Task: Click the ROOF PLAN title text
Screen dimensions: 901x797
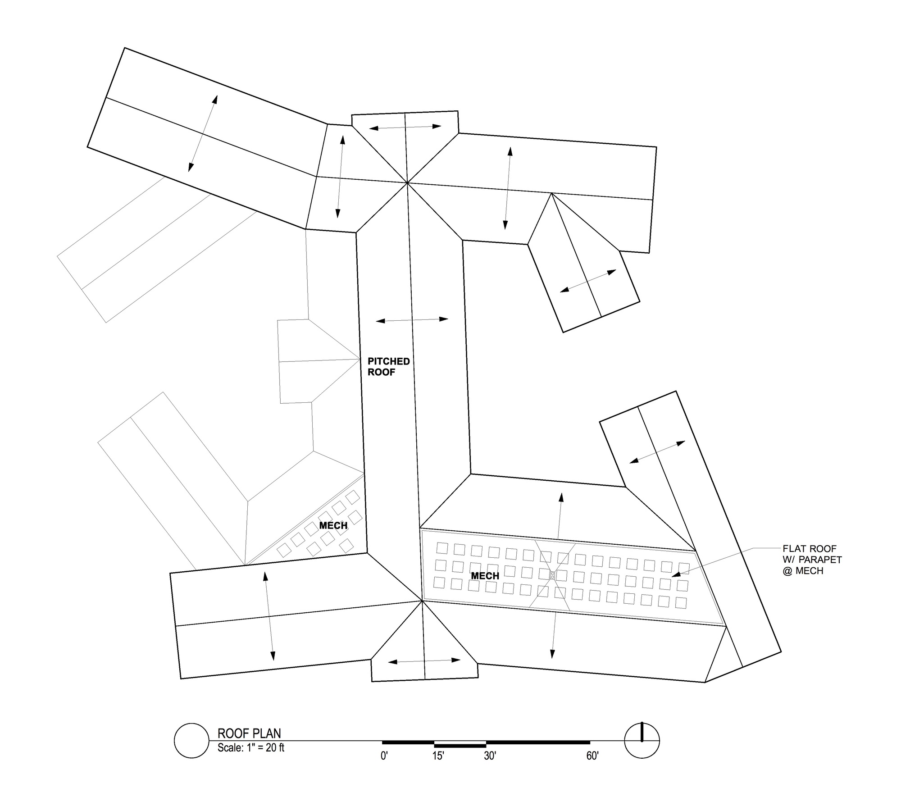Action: (249, 733)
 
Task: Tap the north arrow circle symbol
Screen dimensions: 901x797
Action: (642, 740)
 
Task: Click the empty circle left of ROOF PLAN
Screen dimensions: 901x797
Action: (192, 740)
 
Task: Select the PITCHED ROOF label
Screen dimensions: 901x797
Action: (389, 367)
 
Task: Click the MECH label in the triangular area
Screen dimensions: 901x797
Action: (333, 525)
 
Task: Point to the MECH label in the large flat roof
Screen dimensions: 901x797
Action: (485, 576)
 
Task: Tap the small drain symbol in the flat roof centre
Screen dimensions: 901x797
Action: (552, 575)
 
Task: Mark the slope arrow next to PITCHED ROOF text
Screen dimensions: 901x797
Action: (412, 320)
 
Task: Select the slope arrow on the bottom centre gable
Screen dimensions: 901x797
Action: (424, 661)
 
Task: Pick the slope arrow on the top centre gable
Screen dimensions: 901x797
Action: (405, 128)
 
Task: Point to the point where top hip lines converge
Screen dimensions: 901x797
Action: (407, 183)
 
